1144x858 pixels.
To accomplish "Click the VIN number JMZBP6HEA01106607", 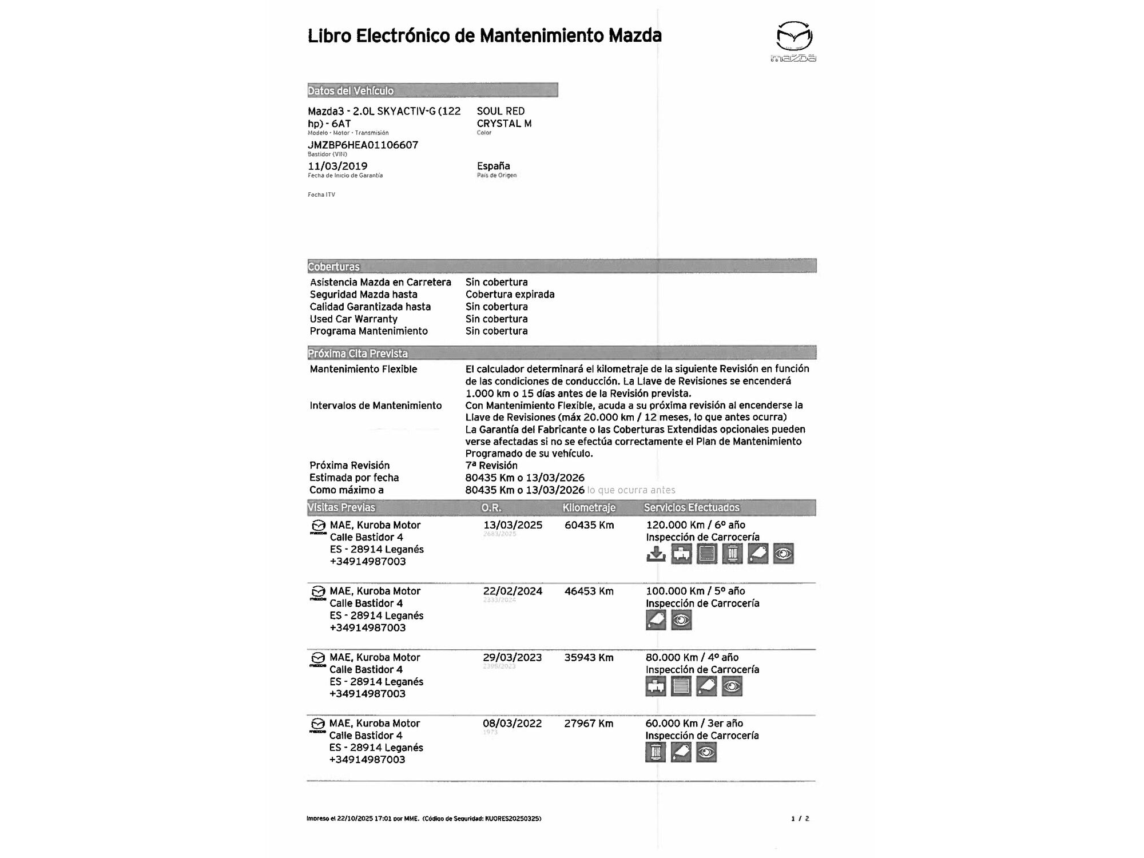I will (363, 145).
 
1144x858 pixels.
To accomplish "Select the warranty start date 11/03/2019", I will (337, 166).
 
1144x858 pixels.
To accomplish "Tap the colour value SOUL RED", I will (500, 111).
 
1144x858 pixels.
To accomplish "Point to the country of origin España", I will (493, 166).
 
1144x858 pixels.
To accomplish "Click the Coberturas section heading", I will (334, 267).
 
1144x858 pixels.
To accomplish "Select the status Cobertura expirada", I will (510, 295).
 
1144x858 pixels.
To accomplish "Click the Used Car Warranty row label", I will (353, 319).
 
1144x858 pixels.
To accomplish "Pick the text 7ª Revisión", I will (491, 466).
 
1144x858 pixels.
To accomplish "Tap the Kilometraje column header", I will (589, 507).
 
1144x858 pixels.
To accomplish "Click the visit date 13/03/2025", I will (513, 525).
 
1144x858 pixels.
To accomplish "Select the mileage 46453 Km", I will (589, 591).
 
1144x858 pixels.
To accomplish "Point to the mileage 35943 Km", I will (589, 658).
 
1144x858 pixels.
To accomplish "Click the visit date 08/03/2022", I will (512, 724).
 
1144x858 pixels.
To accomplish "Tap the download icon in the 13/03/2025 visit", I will (656, 554).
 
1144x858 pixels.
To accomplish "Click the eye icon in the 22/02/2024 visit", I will (681, 620).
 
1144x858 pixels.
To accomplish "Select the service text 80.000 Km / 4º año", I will (692, 658).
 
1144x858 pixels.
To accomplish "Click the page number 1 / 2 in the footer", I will (800, 819).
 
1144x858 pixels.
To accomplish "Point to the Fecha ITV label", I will (321, 195).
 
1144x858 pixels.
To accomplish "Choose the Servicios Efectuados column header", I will (692, 507).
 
